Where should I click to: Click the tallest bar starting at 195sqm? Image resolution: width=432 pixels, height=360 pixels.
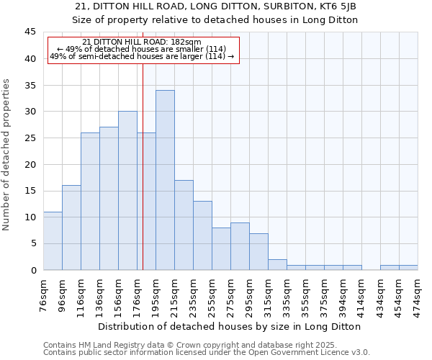pyautogui.click(x=165, y=180)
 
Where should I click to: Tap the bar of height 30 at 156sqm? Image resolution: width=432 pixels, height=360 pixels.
pyautogui.click(x=127, y=191)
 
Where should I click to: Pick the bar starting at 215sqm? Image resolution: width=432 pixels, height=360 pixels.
pyautogui.click(x=184, y=225)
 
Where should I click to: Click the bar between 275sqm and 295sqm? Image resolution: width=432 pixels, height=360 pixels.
pyautogui.click(x=240, y=246)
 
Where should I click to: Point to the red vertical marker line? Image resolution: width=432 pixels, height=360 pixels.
pyautogui.click(x=143, y=158)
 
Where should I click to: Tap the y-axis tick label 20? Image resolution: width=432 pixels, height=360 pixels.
pyautogui.click(x=30, y=164)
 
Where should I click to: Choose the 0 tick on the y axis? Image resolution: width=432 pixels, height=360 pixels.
pyautogui.click(x=33, y=270)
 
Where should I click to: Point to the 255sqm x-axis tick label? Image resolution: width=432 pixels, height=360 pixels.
pyautogui.click(x=212, y=295)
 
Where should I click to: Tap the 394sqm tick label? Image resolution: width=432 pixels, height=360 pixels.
pyautogui.click(x=343, y=295)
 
